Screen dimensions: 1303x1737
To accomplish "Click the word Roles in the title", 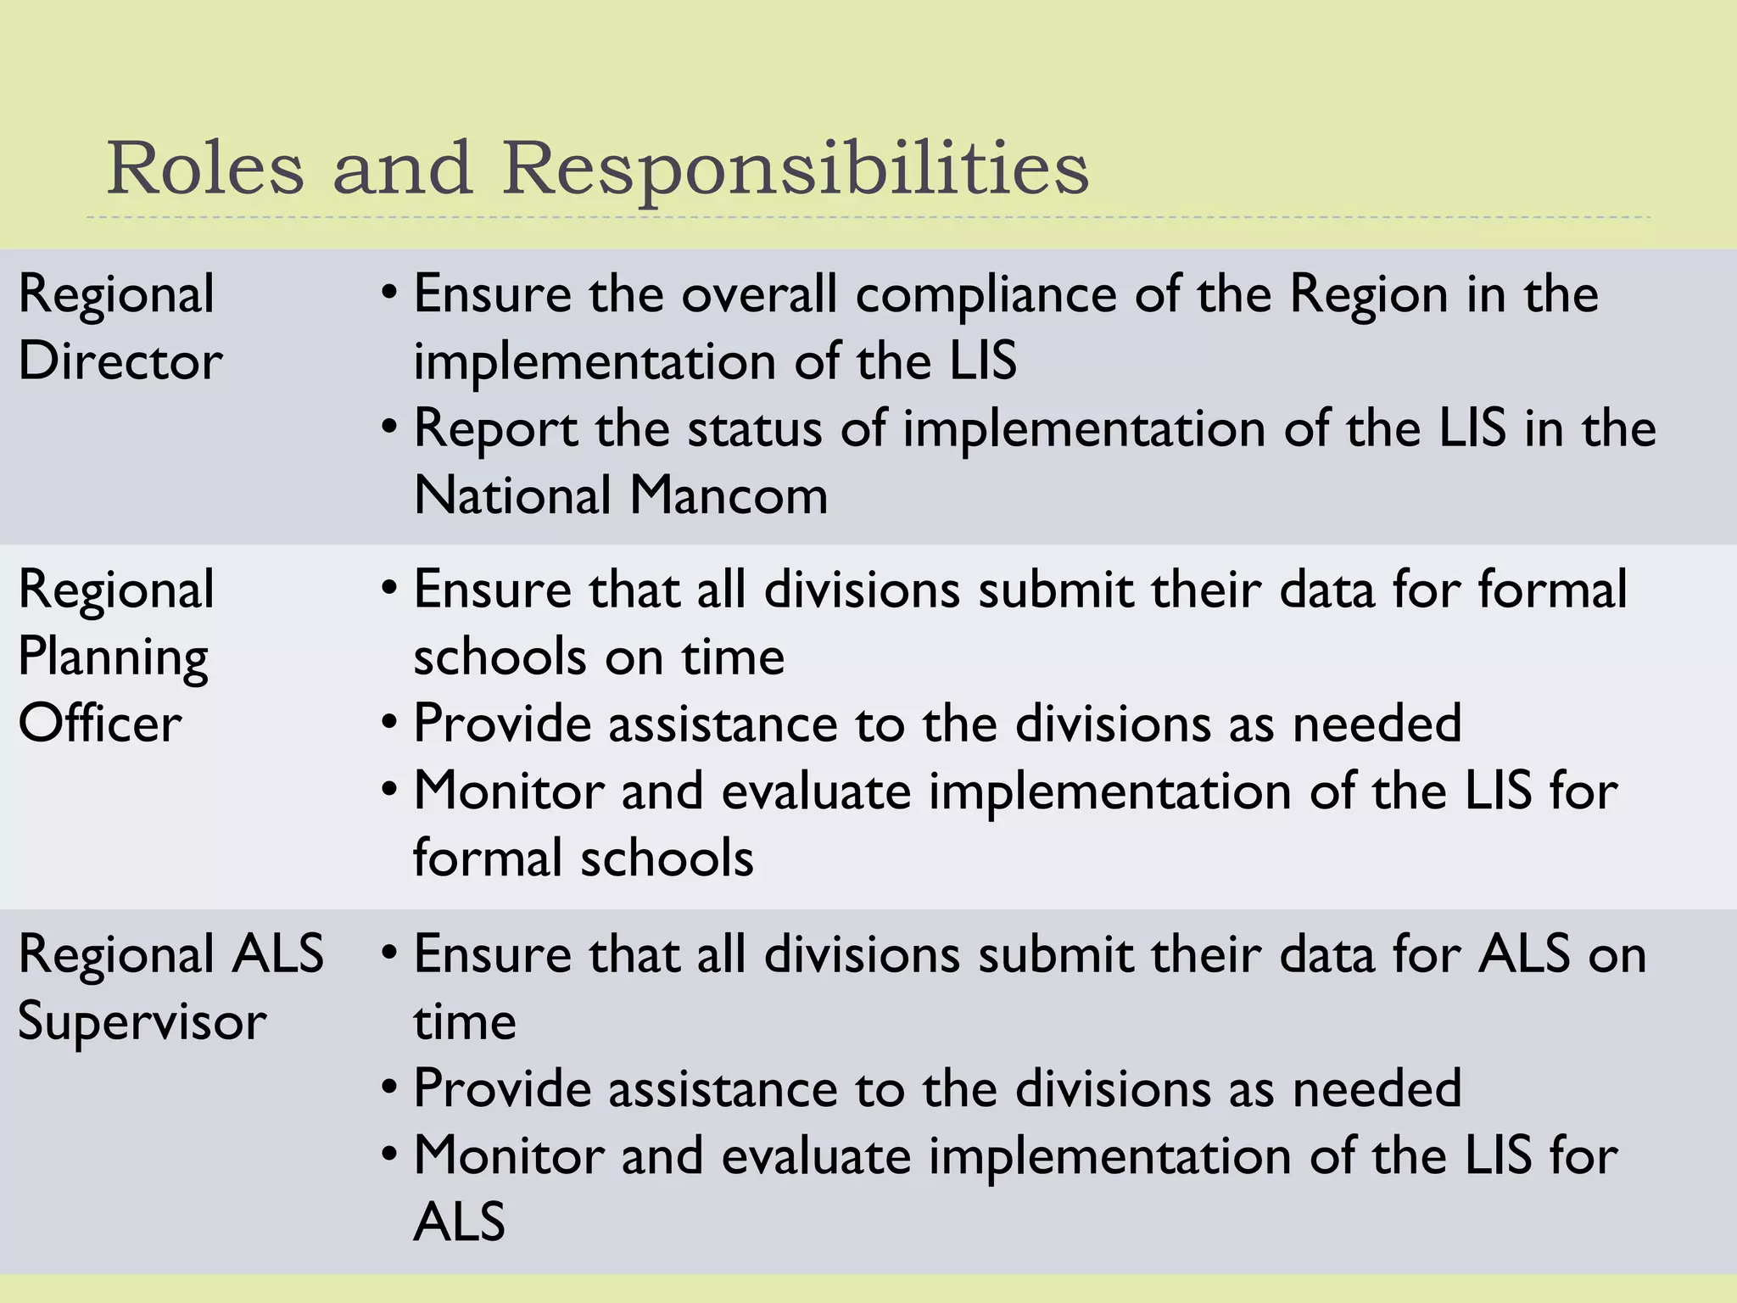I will coord(204,168).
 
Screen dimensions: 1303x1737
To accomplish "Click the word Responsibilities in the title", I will coord(795,168).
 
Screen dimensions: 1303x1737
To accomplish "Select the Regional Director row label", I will coord(120,327).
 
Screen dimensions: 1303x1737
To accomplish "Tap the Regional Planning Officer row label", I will coord(115,656).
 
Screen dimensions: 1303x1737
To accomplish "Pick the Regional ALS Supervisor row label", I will coord(170,987).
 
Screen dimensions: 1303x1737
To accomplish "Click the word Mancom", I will coord(729,495).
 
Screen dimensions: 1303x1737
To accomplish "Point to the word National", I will coord(512,495).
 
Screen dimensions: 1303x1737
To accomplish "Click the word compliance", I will coord(986,295).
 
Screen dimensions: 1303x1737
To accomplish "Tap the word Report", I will coord(495,429).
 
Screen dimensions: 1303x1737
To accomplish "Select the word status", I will coord(754,429).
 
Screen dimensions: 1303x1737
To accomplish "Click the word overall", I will coord(759,295).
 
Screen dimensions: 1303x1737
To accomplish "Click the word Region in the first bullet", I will coord(1368,295).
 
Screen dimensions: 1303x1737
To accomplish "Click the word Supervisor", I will coord(142,1021).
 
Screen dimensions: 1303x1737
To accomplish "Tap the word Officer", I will coord(100,724).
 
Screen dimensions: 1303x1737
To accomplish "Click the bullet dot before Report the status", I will coord(388,427).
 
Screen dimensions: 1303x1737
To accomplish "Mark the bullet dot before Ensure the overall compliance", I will coord(388,294).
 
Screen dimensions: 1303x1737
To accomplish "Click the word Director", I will coord(120,361).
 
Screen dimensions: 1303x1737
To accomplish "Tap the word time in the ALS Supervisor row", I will coord(464,1021).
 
